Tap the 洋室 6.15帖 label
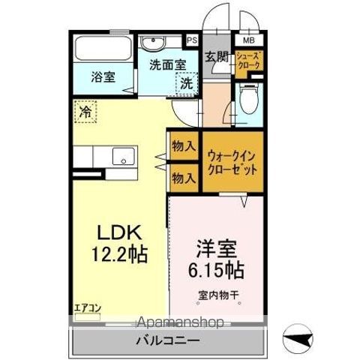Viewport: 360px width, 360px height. [x=213, y=255]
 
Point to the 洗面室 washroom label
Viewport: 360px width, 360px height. [x=166, y=64]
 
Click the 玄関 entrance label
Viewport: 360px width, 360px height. [x=216, y=57]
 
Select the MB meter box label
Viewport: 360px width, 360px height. [x=247, y=40]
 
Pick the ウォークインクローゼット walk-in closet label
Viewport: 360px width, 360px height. [x=234, y=160]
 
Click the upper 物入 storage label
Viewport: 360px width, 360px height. [x=183, y=145]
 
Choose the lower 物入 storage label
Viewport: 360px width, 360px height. [x=183, y=178]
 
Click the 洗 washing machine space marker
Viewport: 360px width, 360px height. [x=184, y=84]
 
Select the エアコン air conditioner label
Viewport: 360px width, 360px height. [x=87, y=307]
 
